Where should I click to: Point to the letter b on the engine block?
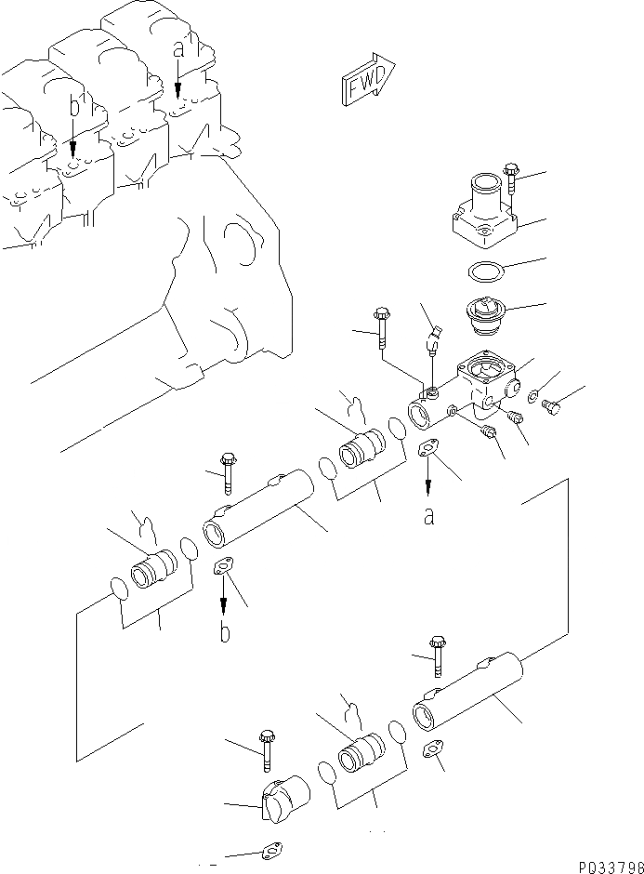coord(73,108)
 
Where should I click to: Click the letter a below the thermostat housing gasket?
coord(428,516)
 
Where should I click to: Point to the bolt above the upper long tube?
coord(227,471)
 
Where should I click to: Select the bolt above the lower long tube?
coord(436,655)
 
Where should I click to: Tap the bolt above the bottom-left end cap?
coord(268,749)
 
